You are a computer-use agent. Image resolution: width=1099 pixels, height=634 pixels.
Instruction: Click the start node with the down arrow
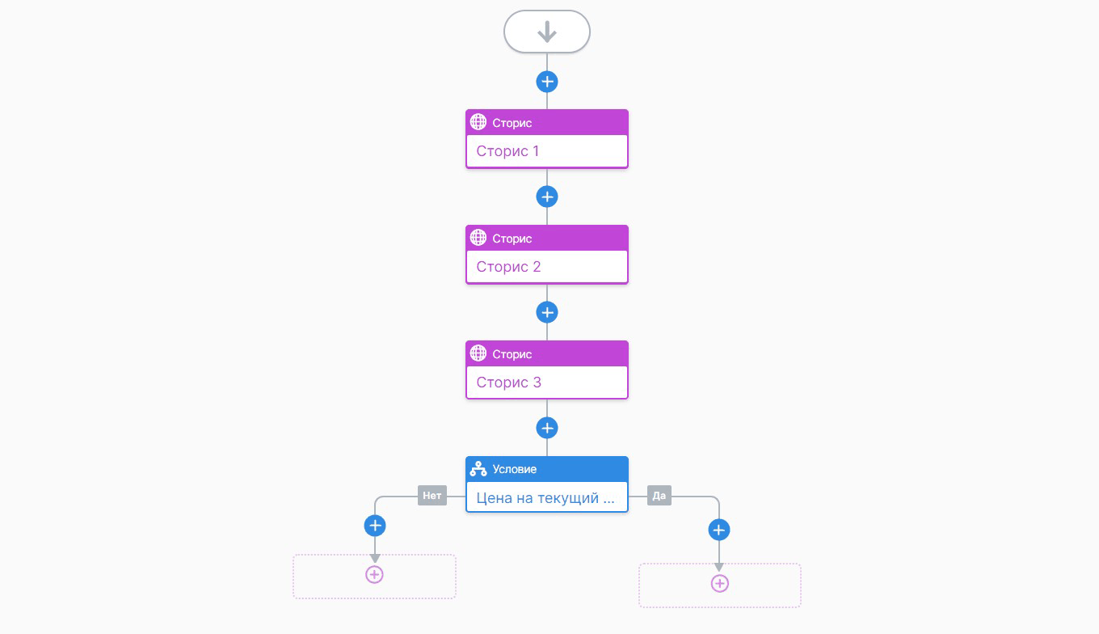pos(546,32)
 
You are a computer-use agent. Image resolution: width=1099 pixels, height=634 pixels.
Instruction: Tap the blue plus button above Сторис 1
pos(547,82)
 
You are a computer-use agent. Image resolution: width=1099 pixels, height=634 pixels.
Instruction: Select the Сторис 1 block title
pos(507,150)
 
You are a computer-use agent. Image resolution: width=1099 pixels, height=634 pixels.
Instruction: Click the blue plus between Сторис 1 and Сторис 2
pos(547,197)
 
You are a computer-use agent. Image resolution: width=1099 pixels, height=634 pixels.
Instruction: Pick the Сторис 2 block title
pos(508,267)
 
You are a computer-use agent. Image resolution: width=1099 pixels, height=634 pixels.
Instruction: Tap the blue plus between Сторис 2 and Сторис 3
pos(547,312)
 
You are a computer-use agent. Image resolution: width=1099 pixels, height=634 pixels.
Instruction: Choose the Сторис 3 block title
pos(508,382)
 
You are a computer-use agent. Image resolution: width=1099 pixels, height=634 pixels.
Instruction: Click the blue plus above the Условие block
pos(547,428)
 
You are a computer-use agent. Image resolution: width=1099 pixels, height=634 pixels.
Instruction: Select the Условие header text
pos(514,469)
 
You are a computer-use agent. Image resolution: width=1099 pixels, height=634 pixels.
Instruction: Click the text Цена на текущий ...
pos(537,498)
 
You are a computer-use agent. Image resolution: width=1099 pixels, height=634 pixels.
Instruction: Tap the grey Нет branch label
pos(432,496)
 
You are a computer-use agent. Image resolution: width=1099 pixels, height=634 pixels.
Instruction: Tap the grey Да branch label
pos(659,496)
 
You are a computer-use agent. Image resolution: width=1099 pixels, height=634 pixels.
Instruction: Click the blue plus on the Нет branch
pos(375,526)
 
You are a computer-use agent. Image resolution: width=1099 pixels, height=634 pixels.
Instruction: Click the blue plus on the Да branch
pos(718,530)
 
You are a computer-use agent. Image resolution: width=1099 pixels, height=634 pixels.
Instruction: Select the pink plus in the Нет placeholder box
pos(374,575)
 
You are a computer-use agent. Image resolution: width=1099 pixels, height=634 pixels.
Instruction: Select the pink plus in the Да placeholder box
pos(719,583)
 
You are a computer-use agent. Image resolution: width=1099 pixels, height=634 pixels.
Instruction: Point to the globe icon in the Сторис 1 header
pos(478,122)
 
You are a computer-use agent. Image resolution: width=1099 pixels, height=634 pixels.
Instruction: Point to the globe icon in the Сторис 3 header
pos(478,353)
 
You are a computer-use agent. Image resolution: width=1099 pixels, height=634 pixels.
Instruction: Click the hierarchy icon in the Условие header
pos(478,469)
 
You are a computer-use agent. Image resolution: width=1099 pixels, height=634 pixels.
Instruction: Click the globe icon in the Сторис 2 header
pos(478,239)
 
